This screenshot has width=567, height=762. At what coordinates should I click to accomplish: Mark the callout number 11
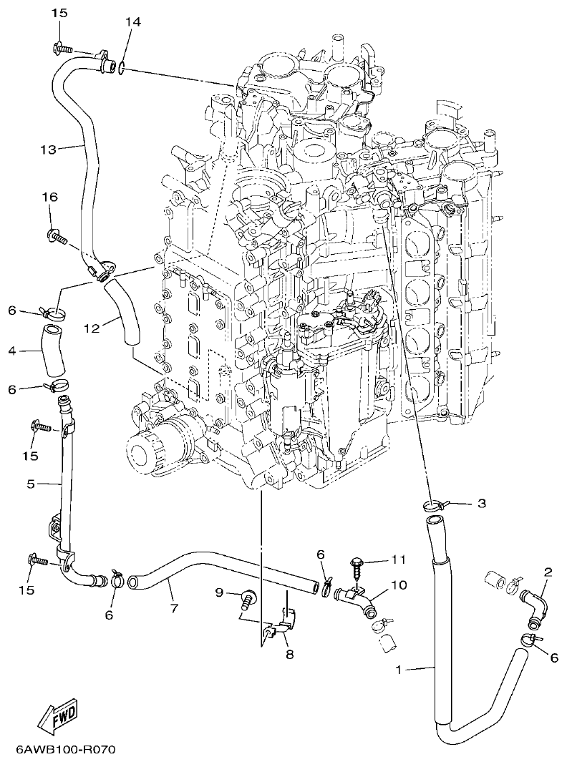(398, 559)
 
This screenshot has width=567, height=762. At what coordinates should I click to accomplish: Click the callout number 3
(481, 504)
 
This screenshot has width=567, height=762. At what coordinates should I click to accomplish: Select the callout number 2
(548, 572)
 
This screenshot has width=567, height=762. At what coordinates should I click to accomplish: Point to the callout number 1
(399, 670)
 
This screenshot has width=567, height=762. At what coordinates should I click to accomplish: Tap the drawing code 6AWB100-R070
(65, 749)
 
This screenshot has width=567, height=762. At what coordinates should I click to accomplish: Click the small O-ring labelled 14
(124, 69)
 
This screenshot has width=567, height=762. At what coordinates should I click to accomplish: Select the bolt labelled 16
(56, 234)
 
